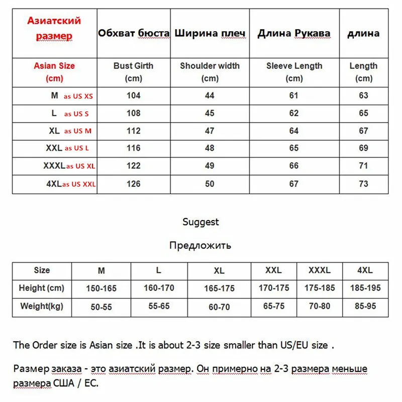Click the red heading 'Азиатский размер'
coord(54,29)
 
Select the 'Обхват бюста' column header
coord(133,34)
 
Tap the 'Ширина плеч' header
coord(210,34)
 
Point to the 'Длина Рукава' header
coord(294,34)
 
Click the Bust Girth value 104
coord(133,95)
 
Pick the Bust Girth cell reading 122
coord(133,166)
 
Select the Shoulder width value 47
coord(210,131)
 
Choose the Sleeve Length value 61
coord(294,95)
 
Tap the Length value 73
coord(363,183)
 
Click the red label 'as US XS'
coord(78,96)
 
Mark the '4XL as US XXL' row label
coord(71,184)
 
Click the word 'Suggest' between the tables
coord(200,222)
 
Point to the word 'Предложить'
coord(200,245)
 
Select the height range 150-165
coord(102,288)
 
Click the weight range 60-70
coord(219,307)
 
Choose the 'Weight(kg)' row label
coord(42,306)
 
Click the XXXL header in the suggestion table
coord(320,270)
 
